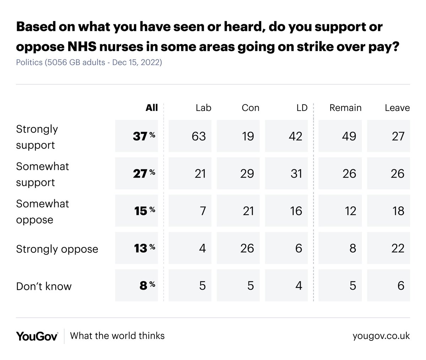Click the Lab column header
pyautogui.click(x=203, y=108)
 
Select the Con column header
pyautogui.click(x=250, y=108)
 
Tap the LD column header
pyautogui.click(x=301, y=108)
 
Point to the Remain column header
pyautogui.click(x=345, y=108)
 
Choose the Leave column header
pyautogui.click(x=397, y=108)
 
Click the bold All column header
pyautogui.click(x=152, y=108)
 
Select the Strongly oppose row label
pyautogui.click(x=57, y=249)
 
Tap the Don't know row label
pyautogui.click(x=44, y=286)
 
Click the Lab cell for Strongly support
pyautogui.click(x=190, y=136)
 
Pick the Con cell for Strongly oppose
pyautogui.click(x=238, y=248)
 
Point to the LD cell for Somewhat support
pyautogui.click(x=286, y=173)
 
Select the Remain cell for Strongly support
pyautogui.click(x=340, y=136)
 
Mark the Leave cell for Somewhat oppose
pyautogui.click(x=388, y=211)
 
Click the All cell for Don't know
pyautogui.click(x=137, y=286)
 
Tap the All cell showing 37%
pyautogui.click(x=137, y=136)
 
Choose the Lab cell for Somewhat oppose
pyautogui.click(x=190, y=211)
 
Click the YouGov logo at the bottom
pyautogui.click(x=37, y=336)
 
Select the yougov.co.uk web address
pyautogui.click(x=381, y=336)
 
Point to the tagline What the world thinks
pyautogui.click(x=117, y=335)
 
